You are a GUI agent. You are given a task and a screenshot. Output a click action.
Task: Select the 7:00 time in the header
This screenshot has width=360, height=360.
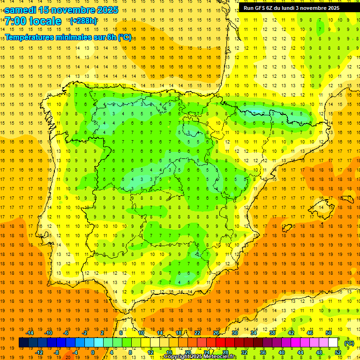(x=15, y=22)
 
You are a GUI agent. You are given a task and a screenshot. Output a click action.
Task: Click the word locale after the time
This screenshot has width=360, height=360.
(x=45, y=22)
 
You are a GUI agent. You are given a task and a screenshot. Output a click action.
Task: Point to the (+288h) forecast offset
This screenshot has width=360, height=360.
(x=83, y=21)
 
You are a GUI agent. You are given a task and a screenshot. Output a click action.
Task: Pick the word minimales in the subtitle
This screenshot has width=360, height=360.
(x=77, y=37)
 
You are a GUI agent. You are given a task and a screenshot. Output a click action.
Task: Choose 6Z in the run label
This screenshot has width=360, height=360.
(x=273, y=8)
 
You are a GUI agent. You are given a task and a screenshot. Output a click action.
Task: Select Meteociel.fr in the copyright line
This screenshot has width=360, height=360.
(x=219, y=357)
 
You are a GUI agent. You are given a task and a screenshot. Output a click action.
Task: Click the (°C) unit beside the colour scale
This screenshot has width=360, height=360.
(x=349, y=343)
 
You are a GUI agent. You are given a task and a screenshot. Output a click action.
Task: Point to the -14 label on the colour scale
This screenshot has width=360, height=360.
(x=30, y=333)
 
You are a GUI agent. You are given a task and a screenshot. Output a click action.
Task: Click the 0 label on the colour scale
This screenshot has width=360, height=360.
(x=93, y=352)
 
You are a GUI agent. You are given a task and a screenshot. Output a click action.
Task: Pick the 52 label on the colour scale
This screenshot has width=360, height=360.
(x=338, y=352)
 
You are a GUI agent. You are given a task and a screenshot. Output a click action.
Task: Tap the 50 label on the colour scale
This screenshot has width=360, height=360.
(x=329, y=333)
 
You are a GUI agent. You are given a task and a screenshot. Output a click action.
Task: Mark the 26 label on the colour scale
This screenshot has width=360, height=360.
(x=216, y=333)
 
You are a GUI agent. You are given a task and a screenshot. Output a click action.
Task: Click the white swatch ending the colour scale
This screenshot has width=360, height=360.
(x=333, y=343)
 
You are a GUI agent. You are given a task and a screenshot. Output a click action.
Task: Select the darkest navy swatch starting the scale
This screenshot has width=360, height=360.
(x=23, y=343)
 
